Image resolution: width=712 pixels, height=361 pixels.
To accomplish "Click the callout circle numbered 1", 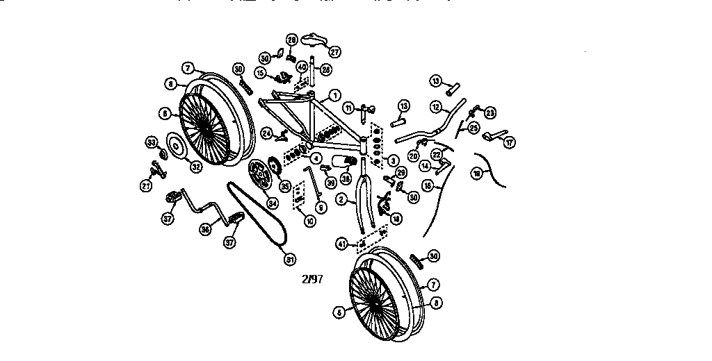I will tap(334, 95).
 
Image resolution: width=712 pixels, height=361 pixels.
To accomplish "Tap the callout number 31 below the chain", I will tap(290, 260).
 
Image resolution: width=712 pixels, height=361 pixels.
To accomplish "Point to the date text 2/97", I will tap(313, 279).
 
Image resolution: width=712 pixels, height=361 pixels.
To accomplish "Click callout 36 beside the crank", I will tap(207, 228).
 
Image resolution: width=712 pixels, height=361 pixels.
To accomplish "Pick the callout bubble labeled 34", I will tap(273, 203).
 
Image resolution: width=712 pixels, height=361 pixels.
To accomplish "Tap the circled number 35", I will tap(284, 185).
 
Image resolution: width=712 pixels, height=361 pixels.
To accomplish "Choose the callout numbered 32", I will tap(195, 166).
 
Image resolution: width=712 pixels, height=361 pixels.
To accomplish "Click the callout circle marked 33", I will tap(150, 142).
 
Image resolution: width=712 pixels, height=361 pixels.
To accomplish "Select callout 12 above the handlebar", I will tap(436, 108).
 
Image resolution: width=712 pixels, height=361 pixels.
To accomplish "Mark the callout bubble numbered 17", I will tap(510, 142).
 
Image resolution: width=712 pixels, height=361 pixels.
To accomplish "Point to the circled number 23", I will tap(490, 112).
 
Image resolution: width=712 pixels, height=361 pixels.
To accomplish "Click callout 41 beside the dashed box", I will tap(342, 243).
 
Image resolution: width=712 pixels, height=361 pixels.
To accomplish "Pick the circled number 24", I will tap(266, 132).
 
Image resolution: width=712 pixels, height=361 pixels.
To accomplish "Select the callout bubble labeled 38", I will tap(346, 177).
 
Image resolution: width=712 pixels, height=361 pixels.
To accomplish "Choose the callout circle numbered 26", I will tap(326, 69).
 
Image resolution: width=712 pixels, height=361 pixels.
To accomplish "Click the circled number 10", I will tap(309, 221).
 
